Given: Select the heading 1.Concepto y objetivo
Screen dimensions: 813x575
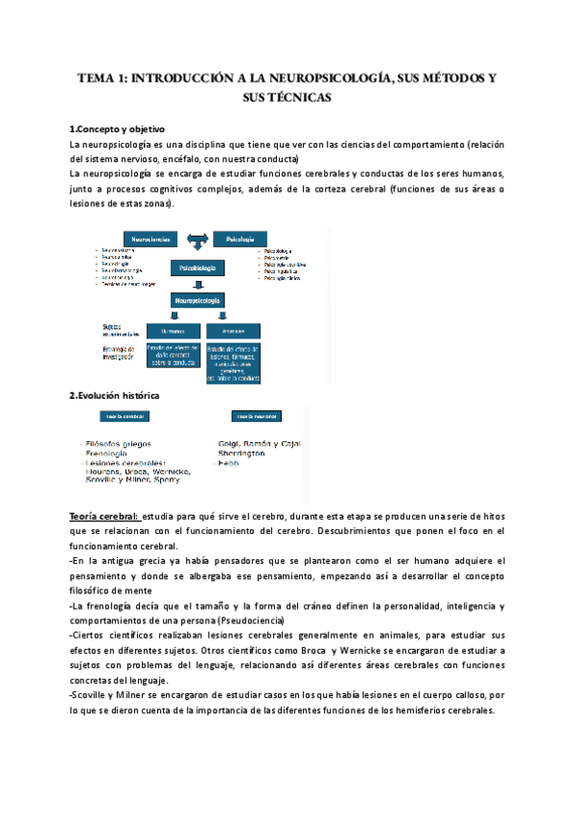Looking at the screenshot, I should tap(117, 128).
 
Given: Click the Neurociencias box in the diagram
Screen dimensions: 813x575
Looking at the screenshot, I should tap(151, 238).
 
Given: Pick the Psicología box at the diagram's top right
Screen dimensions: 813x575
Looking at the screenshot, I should tap(240, 238).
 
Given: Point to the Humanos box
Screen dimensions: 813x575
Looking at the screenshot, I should tap(172, 329).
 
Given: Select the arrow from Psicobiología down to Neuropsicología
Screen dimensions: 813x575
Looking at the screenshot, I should tap(198, 285).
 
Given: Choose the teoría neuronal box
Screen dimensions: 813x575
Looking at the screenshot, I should tap(256, 417).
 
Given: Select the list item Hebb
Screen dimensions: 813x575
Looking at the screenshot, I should tap(228, 463).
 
